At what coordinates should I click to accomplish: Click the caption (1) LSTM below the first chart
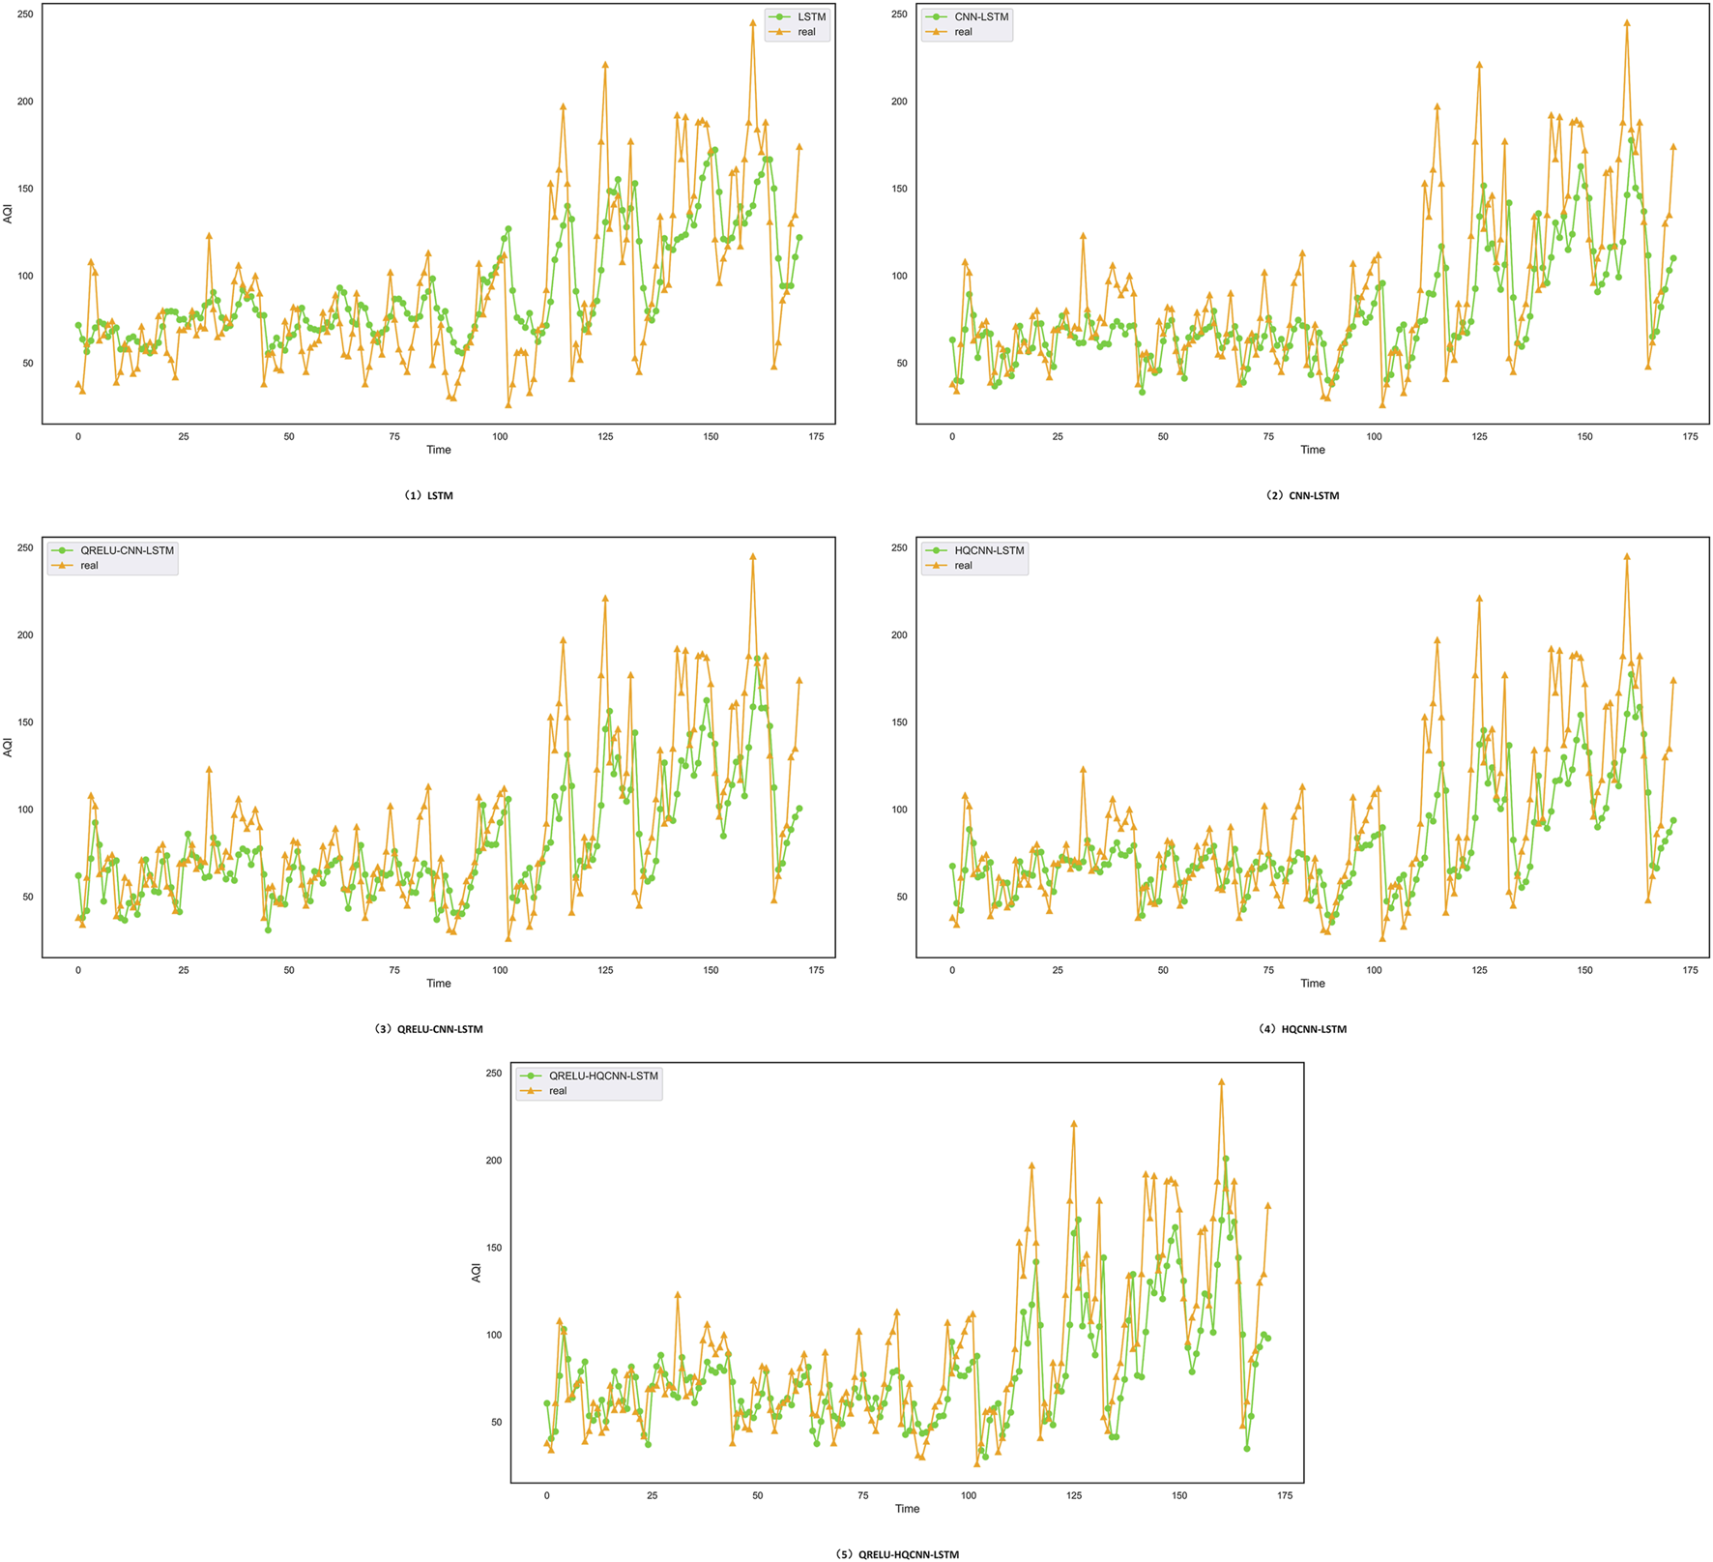point(428,495)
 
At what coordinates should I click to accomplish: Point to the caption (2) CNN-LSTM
point(1302,495)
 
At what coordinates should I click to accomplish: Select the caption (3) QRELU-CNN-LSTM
point(428,1029)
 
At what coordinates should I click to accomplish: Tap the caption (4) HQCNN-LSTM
point(1302,1029)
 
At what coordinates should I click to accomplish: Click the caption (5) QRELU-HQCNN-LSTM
point(897,1554)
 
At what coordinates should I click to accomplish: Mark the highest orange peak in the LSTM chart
point(753,22)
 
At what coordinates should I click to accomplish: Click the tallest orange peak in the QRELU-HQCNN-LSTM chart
point(1222,1082)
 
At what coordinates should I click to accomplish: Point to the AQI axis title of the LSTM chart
point(9,214)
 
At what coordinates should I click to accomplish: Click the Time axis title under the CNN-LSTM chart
point(1312,450)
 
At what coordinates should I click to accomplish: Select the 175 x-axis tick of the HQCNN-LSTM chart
point(1690,970)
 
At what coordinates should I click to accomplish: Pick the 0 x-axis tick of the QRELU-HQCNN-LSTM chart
point(546,1495)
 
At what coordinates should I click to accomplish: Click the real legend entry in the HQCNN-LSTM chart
point(963,566)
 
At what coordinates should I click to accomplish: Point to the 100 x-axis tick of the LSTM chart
point(500,436)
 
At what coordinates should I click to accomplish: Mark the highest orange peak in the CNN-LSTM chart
point(1627,22)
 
